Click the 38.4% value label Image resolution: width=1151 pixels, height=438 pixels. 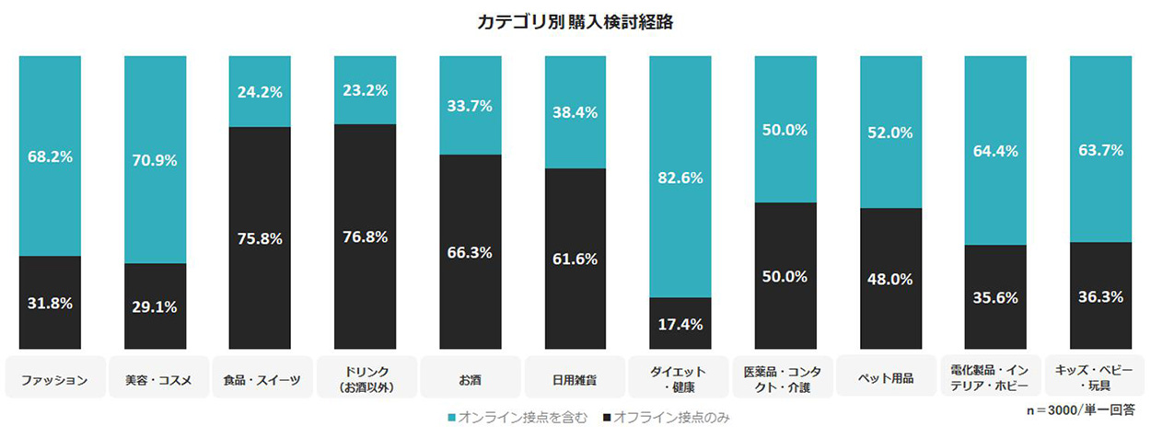(x=575, y=113)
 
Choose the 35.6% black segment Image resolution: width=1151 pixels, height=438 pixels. (x=994, y=296)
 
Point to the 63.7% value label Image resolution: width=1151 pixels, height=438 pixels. (x=1100, y=151)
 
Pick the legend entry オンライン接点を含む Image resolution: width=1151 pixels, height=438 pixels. (x=516, y=419)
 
